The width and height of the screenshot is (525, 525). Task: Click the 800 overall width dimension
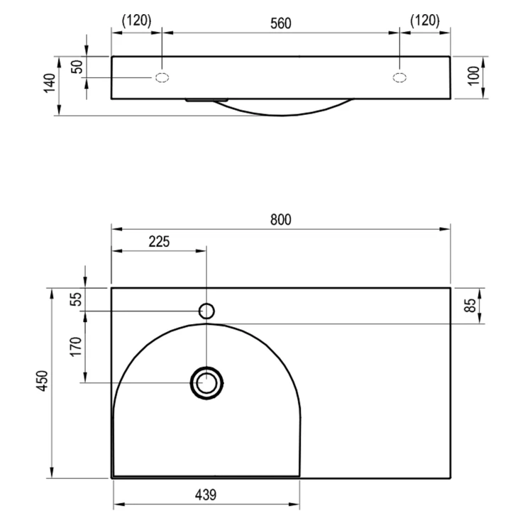[280, 220]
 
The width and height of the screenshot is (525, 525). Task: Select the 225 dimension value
[159, 241]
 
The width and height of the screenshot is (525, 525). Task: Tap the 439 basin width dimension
[206, 494]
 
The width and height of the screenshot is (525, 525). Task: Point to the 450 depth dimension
[43, 381]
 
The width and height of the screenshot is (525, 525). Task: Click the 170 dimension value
[76, 347]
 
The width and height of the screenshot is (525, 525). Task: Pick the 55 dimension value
[76, 299]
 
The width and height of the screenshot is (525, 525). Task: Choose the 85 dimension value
[470, 305]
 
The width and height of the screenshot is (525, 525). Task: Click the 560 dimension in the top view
[280, 23]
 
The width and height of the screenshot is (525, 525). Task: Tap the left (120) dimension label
[137, 21]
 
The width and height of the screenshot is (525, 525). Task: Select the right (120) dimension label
[425, 21]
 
